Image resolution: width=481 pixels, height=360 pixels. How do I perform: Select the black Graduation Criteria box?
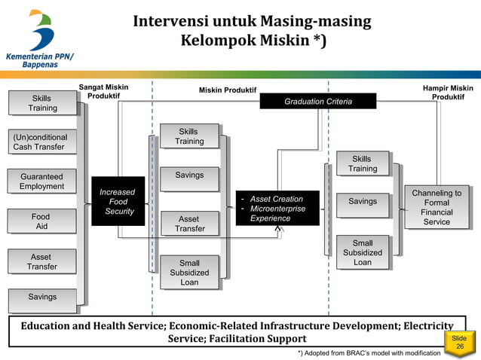(x=317, y=101)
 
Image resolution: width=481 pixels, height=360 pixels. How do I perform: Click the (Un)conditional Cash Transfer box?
(x=43, y=142)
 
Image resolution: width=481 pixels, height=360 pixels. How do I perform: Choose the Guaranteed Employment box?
(x=42, y=182)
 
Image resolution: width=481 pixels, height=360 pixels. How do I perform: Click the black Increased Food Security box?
(x=118, y=202)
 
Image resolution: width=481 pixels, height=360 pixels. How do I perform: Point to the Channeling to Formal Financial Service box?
(x=437, y=207)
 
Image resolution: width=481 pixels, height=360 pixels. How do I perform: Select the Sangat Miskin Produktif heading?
(x=103, y=92)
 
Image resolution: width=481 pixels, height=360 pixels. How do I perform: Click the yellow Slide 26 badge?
(x=460, y=343)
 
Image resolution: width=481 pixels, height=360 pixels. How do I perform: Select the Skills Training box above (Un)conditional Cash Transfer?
(x=43, y=103)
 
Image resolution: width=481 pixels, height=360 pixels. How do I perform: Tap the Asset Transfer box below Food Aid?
(x=42, y=261)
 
